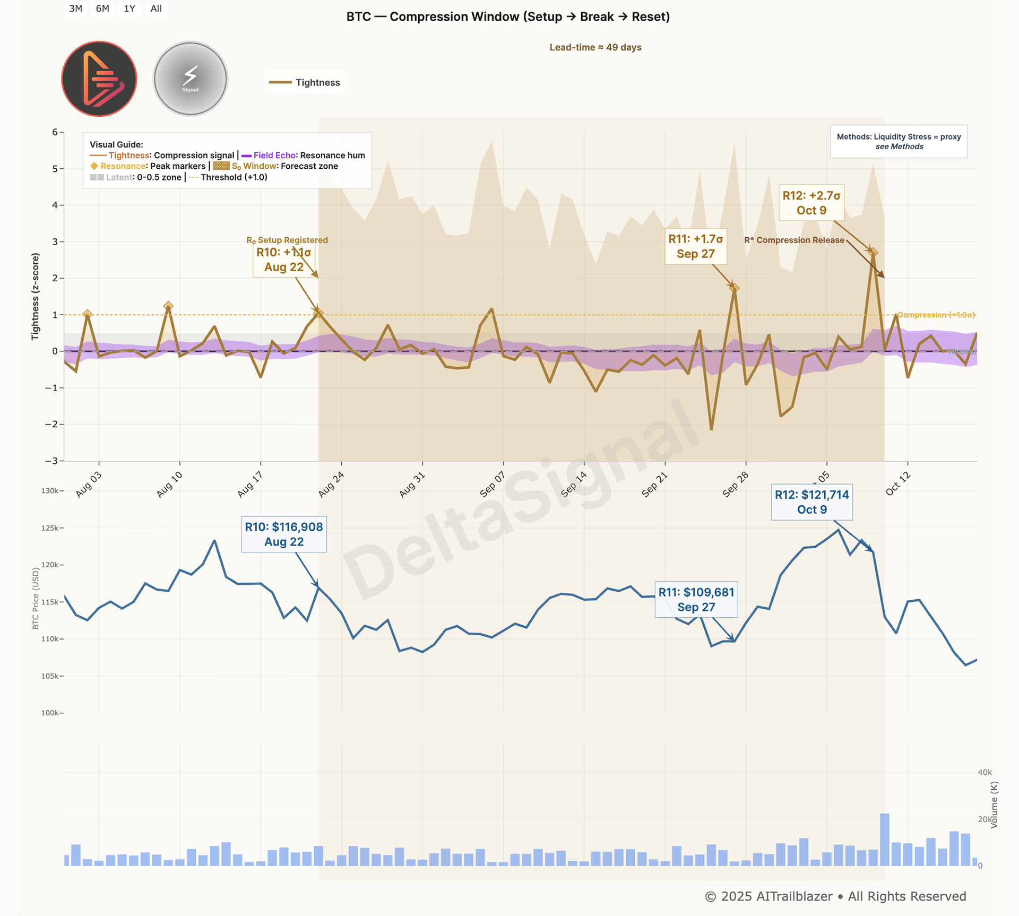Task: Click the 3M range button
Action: click(x=76, y=8)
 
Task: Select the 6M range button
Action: click(x=102, y=8)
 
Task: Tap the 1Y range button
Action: click(x=129, y=8)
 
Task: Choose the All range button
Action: click(x=156, y=8)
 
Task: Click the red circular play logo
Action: click(x=99, y=79)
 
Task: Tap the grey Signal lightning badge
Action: click(x=191, y=79)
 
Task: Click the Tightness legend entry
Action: click(x=305, y=82)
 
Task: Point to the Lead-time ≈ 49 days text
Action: click(x=595, y=47)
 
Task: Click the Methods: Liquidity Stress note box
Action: click(x=899, y=141)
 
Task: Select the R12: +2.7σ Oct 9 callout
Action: click(x=811, y=203)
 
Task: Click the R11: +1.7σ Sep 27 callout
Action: click(x=695, y=246)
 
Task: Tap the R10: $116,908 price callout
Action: click(x=283, y=534)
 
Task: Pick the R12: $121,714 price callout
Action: click(x=811, y=502)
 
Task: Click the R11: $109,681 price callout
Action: click(x=696, y=599)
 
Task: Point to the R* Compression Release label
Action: click(x=794, y=240)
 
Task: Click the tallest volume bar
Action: click(x=884, y=839)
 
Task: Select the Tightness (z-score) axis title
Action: click(x=36, y=296)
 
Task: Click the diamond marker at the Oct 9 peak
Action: click(x=873, y=252)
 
